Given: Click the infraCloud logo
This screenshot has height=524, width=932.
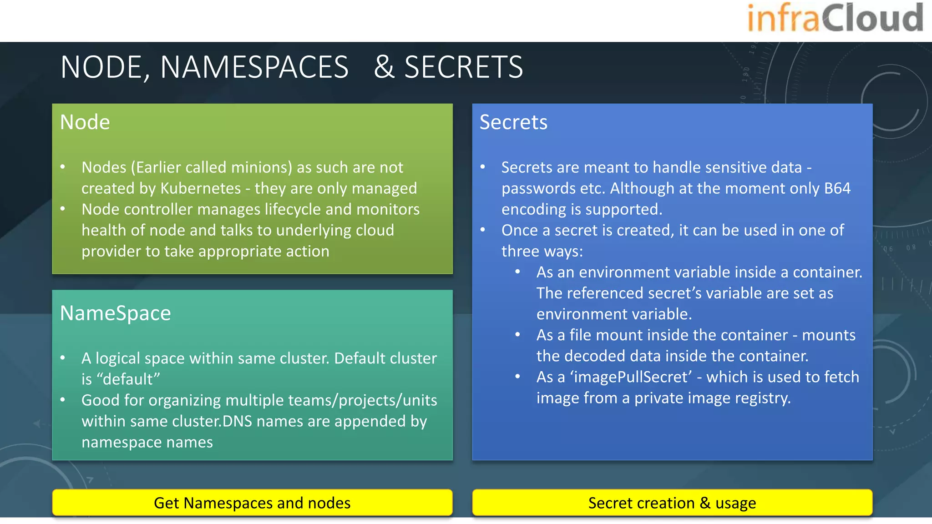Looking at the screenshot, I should click(835, 19).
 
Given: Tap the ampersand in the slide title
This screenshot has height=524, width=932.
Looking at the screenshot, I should click(384, 67).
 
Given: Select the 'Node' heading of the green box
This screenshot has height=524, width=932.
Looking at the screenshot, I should click(85, 122).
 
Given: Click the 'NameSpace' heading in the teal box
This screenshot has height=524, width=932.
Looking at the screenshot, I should click(116, 313).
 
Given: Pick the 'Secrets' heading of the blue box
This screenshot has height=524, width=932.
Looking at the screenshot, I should click(513, 122).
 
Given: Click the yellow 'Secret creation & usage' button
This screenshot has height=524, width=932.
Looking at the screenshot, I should click(672, 503).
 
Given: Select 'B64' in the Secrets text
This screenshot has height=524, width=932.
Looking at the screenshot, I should click(837, 188).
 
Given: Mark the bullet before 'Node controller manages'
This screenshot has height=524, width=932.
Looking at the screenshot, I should click(63, 209).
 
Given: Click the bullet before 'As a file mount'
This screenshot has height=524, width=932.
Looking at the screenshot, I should click(517, 335).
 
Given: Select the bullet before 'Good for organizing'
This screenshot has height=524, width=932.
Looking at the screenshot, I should click(63, 400).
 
